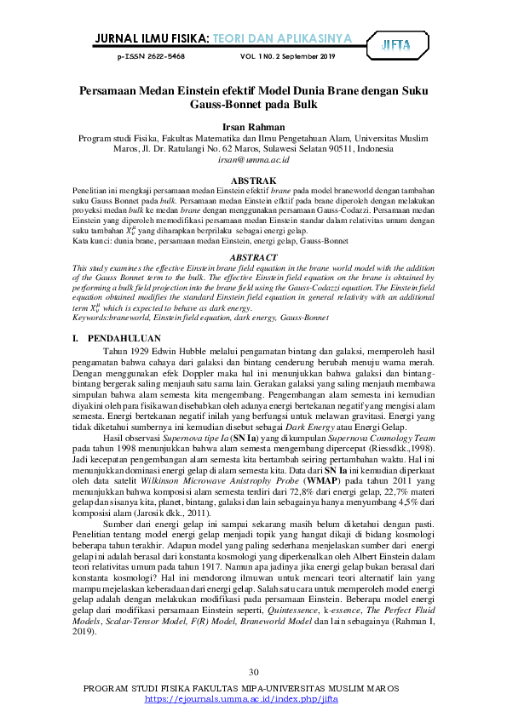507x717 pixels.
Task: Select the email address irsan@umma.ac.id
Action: [x=254, y=158]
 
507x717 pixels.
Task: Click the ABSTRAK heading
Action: [x=253, y=181]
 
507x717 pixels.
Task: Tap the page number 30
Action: [x=253, y=671]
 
